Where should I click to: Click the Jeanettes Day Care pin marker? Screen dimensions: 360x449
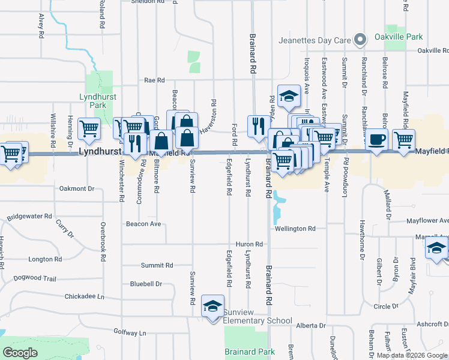coord(360,40)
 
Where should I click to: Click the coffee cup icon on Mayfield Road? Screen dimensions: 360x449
coord(376,139)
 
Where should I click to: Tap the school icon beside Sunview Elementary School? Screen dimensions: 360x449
coord(213,306)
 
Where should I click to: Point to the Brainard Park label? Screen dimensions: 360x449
coord(250,352)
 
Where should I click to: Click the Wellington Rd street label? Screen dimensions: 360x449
coord(295,229)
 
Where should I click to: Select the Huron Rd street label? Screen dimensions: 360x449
coord(250,244)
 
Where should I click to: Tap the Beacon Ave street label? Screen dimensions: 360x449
coord(143,224)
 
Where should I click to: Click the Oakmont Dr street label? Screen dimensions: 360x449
coord(77,188)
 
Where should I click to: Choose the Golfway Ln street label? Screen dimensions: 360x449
coord(130,332)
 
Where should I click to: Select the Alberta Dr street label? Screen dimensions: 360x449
coord(310,326)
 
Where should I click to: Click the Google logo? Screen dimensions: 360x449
coord(20,353)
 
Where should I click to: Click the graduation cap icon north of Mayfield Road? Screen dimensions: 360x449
coord(289,97)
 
